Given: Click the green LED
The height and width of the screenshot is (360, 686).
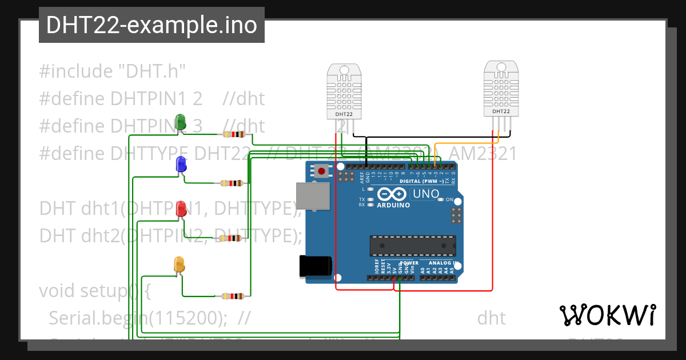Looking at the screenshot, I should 181,122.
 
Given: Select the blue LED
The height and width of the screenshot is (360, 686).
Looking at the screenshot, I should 181,165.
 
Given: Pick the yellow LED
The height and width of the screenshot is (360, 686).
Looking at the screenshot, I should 180,265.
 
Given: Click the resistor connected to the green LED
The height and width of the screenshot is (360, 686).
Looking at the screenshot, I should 233,135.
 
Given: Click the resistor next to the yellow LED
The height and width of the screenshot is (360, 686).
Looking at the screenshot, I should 233,296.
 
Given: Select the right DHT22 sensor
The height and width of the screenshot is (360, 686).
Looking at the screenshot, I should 501,89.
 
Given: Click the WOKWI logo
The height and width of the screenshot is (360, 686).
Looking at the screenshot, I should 607,315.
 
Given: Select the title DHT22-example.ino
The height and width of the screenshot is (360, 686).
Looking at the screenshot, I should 151,26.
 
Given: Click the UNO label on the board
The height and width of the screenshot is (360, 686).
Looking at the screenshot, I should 426,194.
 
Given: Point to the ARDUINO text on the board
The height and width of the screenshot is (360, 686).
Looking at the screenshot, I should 393,205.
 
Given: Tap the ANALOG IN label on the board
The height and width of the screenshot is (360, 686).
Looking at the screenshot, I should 443,263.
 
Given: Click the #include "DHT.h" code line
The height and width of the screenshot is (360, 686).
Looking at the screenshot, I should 113,71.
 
